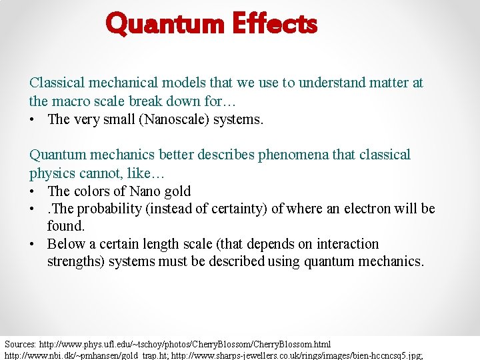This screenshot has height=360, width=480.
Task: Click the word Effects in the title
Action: click(x=275, y=25)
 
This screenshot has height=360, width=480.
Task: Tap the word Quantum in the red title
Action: click(x=166, y=25)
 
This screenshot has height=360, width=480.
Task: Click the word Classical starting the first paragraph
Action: click(x=57, y=83)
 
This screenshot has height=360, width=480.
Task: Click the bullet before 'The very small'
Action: click(x=33, y=120)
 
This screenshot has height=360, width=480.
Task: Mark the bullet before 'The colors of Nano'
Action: click(x=33, y=191)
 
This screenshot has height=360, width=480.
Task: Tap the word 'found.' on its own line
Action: click(x=66, y=227)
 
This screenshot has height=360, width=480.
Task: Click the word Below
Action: click(x=67, y=245)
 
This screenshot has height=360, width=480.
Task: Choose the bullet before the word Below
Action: click(x=33, y=245)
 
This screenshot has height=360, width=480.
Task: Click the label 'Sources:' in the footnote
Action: click(x=20, y=345)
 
